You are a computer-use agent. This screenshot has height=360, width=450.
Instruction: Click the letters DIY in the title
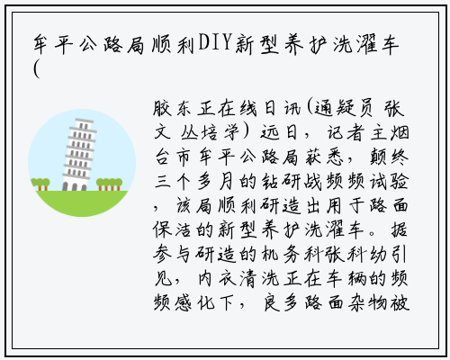tap(215, 42)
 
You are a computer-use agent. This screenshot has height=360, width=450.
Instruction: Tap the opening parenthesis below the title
tap(37, 69)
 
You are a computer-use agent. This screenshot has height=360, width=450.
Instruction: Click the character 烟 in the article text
tap(400, 132)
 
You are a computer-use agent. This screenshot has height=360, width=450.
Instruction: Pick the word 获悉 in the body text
tap(323, 157)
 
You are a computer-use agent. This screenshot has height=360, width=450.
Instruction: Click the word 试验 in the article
tap(389, 181)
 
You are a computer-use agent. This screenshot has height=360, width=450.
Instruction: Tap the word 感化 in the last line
tap(194, 302)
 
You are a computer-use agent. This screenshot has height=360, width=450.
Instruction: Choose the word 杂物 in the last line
tap(367, 302)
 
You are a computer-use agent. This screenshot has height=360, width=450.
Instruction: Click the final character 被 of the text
tap(400, 302)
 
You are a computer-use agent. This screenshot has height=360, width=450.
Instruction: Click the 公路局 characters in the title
tap(113, 44)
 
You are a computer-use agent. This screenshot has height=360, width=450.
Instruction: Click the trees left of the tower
tap(40, 184)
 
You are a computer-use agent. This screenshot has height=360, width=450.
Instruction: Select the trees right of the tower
tap(109, 184)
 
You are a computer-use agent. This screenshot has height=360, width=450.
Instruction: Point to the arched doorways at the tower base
tap(75, 186)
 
